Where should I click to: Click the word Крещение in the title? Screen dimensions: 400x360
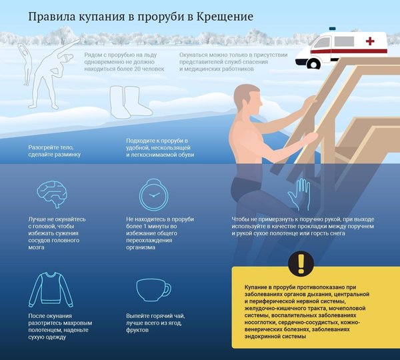225,17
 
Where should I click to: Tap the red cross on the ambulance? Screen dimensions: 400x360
370,41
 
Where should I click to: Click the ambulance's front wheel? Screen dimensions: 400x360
313,64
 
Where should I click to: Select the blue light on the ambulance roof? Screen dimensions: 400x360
332,28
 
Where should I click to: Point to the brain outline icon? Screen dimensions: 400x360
52,193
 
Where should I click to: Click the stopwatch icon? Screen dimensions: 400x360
153,195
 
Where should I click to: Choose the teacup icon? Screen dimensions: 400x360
153,290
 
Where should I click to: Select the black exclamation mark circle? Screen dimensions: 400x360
301,263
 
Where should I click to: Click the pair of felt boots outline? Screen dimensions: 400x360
131,102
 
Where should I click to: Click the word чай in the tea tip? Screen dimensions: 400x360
179,316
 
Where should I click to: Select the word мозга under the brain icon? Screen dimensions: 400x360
36,247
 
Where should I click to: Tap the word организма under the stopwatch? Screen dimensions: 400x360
141,247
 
